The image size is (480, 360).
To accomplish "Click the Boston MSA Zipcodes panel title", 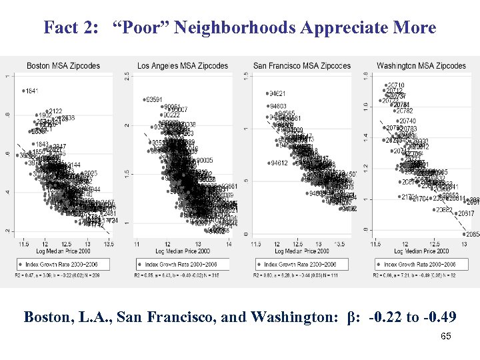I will click(x=63, y=65).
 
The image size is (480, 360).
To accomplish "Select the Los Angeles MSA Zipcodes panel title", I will click(x=183, y=65).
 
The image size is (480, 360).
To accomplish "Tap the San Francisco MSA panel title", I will click(x=302, y=65).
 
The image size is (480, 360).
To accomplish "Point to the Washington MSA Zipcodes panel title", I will click(x=421, y=65).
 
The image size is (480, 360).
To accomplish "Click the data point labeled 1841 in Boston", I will click(x=23, y=91).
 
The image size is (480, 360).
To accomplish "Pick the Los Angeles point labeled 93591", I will click(x=145, y=100).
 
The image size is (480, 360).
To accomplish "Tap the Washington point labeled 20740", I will click(x=397, y=121).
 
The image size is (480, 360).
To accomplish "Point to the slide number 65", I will click(x=446, y=337).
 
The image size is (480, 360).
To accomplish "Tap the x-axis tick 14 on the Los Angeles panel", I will click(x=229, y=244).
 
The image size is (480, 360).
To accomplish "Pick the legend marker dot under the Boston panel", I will click(x=23, y=264).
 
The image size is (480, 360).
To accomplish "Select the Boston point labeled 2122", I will click(x=47, y=111).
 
